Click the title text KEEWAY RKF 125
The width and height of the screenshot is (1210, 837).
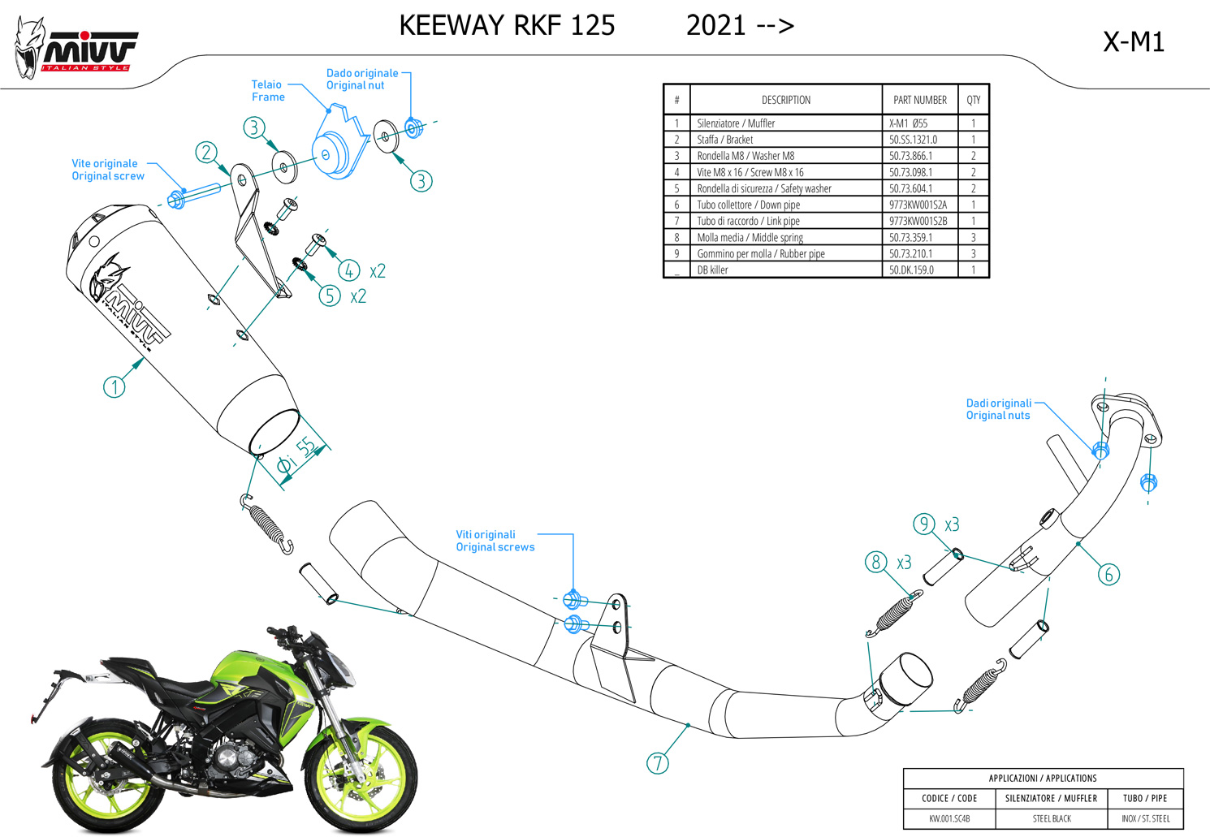pyautogui.click(x=507, y=26)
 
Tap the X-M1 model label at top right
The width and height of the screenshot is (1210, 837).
pyautogui.click(x=1134, y=41)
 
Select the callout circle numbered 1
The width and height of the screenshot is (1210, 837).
pyautogui.click(x=115, y=387)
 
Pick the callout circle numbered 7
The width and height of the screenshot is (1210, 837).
pyautogui.click(x=657, y=763)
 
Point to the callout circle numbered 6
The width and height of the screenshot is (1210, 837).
pyautogui.click(x=1108, y=575)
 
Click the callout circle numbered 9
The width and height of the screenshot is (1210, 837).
pyautogui.click(x=924, y=524)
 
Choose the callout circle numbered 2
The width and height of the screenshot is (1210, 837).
pyautogui.click(x=206, y=153)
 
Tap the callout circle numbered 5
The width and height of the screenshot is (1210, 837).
pyautogui.click(x=329, y=296)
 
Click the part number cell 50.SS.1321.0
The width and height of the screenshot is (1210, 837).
pyautogui.click(x=913, y=140)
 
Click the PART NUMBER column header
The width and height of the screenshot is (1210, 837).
pyautogui.click(x=919, y=100)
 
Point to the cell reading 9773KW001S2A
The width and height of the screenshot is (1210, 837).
pyautogui.click(x=918, y=205)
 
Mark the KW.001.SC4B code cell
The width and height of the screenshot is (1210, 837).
pyautogui.click(x=949, y=818)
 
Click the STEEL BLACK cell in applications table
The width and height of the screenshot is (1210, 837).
pyautogui.click(x=1052, y=818)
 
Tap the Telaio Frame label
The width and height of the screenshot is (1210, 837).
pyautogui.click(x=268, y=91)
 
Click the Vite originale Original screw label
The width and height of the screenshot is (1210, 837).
pyautogui.click(x=108, y=170)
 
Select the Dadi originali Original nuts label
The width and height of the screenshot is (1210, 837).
pyautogui.click(x=998, y=409)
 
